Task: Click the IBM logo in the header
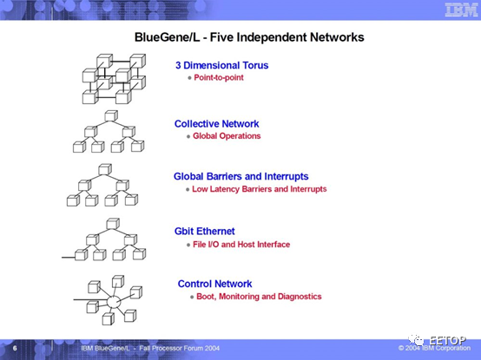(461, 10)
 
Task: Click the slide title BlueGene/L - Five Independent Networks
(249, 37)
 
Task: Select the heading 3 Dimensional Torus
(221, 65)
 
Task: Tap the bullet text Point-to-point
(219, 77)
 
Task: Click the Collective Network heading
(216, 124)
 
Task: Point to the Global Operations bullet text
(227, 136)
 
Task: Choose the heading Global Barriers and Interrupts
(241, 176)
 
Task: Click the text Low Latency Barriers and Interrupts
(260, 189)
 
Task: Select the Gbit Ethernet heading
(205, 232)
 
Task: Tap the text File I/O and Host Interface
(241, 245)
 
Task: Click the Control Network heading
(214, 284)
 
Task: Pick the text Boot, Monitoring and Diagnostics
(259, 297)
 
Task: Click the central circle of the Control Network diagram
(114, 302)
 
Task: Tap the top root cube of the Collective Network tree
(111, 116)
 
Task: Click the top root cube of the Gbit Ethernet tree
(113, 224)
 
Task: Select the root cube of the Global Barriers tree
(105, 169)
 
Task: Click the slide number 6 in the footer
(15, 349)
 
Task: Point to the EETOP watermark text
(447, 340)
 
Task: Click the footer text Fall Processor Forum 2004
(180, 349)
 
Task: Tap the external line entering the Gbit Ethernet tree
(69, 258)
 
